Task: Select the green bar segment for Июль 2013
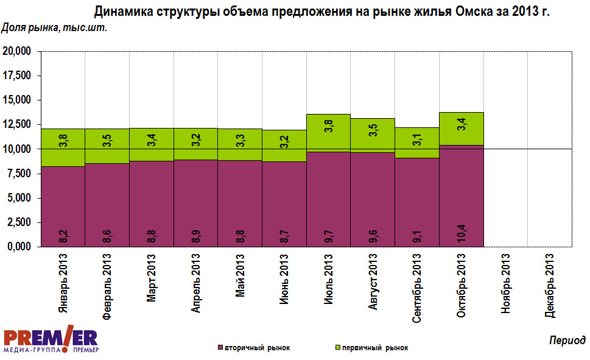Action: point(328,132)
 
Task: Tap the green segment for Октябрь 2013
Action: point(461,129)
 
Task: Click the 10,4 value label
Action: point(462,234)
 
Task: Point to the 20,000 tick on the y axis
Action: point(16,52)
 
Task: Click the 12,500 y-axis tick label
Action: point(16,125)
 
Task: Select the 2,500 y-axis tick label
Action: point(18,222)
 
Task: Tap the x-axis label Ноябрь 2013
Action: point(505,284)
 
